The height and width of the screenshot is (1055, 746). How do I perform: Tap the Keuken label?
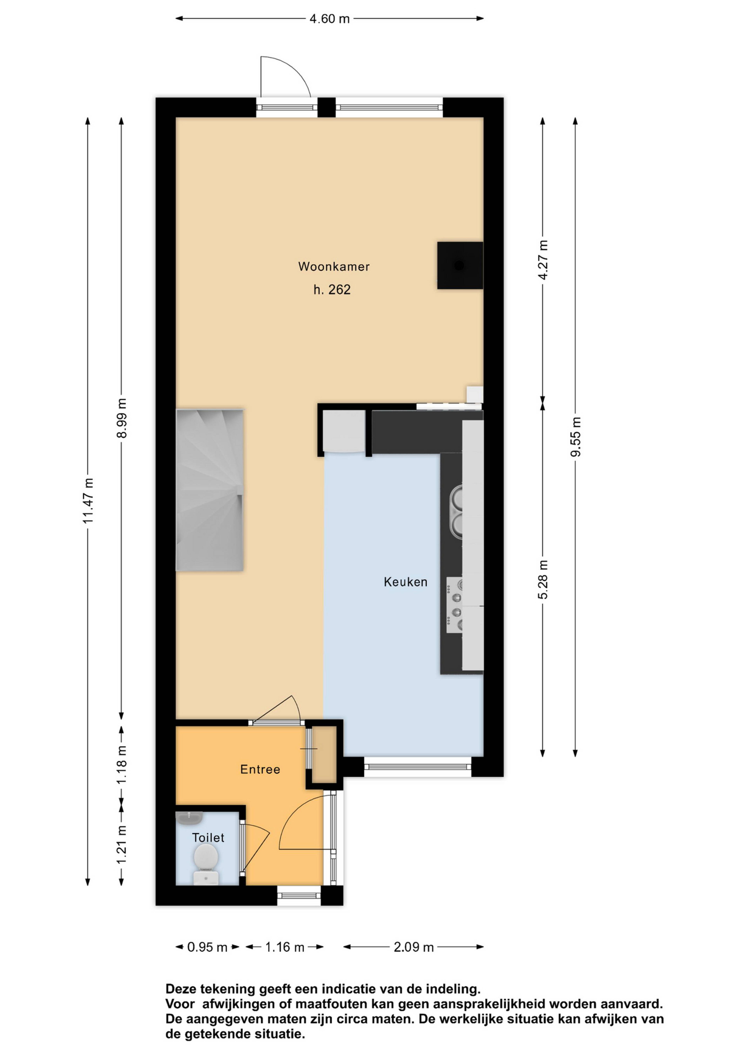pyautogui.click(x=406, y=582)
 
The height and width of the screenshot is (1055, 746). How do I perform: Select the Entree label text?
pyautogui.click(x=260, y=769)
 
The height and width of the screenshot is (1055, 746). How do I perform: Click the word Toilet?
pyautogui.click(x=208, y=838)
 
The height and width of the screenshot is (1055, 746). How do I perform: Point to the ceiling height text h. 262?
pyautogui.click(x=332, y=290)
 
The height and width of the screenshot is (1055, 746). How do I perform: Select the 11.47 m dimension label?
pyautogui.click(x=88, y=500)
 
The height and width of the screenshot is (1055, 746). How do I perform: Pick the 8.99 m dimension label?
pyautogui.click(x=122, y=418)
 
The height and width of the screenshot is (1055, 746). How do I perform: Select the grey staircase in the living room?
pyautogui.click(x=209, y=490)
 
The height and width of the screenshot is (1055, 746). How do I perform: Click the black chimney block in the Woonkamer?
pyautogui.click(x=460, y=266)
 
